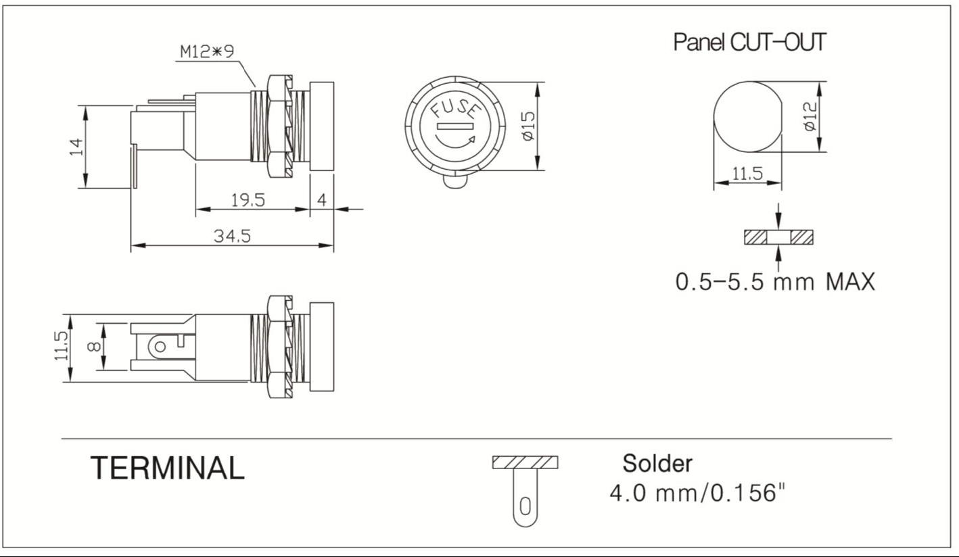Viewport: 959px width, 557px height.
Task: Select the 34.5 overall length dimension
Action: coord(233,236)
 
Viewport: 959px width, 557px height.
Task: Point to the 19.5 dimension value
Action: coord(248,200)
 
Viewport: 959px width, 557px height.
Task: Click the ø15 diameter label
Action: coord(528,126)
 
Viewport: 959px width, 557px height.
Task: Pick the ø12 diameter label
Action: coord(810,117)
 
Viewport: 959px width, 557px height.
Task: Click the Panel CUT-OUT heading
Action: coord(749,42)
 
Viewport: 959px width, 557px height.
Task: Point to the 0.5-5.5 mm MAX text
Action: coord(775,281)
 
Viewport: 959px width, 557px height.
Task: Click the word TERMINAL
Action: coord(167,468)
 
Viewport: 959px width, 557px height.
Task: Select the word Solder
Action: coord(657,464)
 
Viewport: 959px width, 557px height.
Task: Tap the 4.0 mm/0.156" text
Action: coord(697,493)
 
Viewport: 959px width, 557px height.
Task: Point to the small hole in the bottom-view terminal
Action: coord(160,347)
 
